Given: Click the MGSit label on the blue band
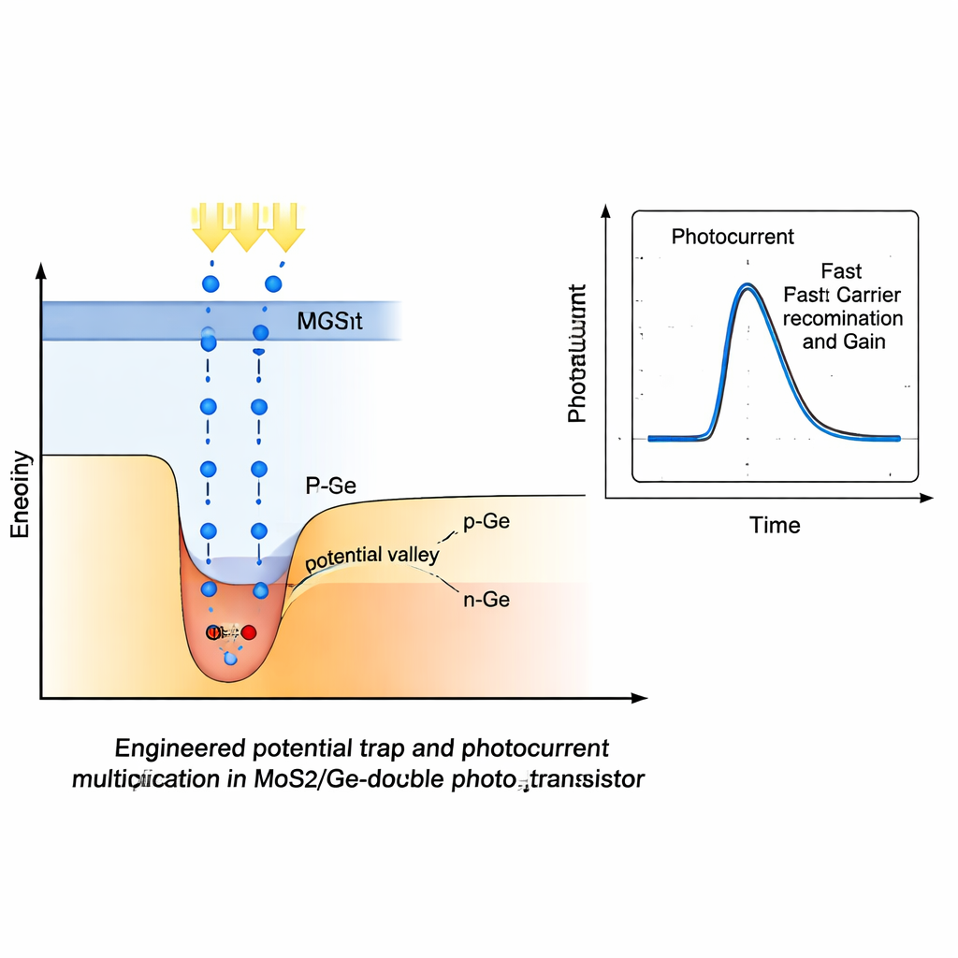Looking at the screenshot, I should (329, 323).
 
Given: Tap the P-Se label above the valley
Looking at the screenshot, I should (331, 486).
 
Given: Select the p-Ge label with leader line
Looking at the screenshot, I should (486, 522).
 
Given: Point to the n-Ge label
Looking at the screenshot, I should (486, 600).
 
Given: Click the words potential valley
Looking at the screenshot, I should (371, 556).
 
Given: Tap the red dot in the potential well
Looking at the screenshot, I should (249, 632).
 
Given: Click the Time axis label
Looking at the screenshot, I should (775, 525).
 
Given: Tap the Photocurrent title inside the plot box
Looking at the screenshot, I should (733, 237).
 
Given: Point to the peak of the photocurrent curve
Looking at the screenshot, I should (746, 286).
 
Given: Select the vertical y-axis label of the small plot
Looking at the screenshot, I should (577, 353).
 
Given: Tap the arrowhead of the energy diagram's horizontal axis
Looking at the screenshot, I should (639, 698).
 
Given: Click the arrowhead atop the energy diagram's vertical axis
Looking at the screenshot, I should (40, 271).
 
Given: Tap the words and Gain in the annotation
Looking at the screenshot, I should (844, 341).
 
